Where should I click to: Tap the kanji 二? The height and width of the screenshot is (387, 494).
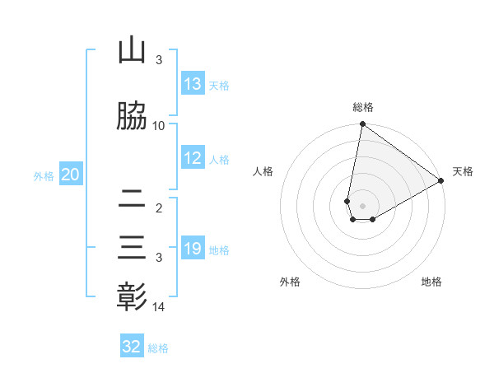132,199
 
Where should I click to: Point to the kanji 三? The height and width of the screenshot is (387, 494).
132,247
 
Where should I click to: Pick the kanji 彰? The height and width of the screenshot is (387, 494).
132,296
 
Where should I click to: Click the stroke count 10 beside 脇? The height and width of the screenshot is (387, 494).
159,125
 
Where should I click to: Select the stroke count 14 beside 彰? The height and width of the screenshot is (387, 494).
160,307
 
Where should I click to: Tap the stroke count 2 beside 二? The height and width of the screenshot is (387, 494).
159,209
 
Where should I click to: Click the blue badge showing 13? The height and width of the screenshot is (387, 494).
193,84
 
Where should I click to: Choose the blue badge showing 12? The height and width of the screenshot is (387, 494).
193,158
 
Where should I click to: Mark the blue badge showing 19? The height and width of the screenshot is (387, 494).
193,249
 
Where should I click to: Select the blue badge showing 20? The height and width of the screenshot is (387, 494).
71,175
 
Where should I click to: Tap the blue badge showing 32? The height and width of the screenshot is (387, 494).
132,347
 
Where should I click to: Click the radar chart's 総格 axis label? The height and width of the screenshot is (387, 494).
363,107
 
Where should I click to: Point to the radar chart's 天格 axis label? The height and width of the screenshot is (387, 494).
463,171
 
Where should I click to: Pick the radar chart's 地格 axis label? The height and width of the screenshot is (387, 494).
431,282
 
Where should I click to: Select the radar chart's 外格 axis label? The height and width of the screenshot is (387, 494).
290,282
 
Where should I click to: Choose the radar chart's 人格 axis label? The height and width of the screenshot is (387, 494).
263,171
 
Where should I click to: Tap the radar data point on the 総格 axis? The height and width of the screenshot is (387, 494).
362,124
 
